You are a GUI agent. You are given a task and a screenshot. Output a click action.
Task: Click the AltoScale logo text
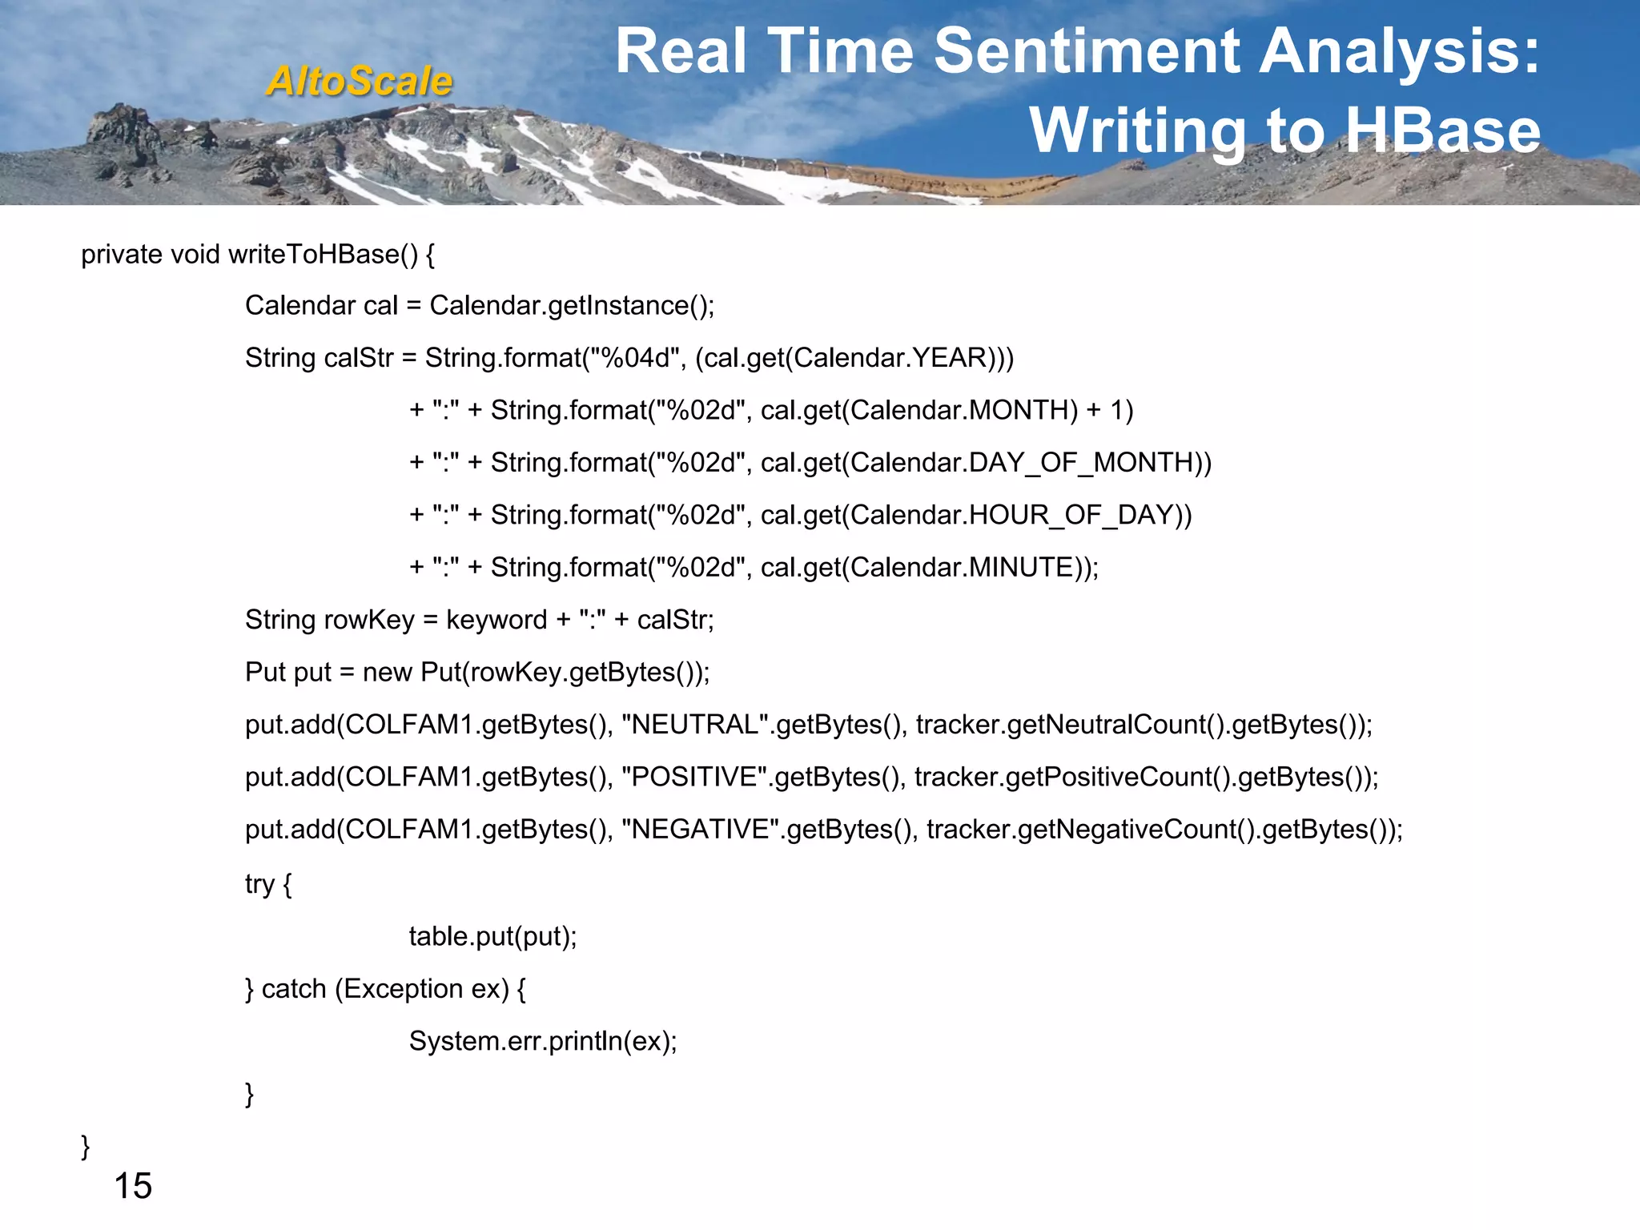(360, 81)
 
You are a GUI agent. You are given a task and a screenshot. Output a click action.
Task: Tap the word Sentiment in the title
(1087, 52)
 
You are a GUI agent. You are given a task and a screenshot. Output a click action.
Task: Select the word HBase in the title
(1444, 131)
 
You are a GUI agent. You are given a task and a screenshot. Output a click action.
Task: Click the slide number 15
(133, 1186)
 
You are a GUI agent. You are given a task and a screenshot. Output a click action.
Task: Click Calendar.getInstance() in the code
(569, 306)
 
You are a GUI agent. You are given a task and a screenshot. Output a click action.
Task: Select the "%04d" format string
(636, 358)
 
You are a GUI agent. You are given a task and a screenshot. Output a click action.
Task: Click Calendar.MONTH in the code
(964, 410)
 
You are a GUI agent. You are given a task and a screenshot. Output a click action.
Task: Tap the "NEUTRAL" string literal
(695, 725)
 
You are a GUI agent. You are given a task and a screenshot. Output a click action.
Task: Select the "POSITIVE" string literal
(694, 777)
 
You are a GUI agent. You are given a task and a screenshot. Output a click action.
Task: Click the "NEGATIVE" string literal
(701, 830)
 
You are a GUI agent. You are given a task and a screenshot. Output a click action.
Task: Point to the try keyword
(259, 884)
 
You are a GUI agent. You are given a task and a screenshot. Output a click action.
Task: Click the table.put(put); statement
(492, 937)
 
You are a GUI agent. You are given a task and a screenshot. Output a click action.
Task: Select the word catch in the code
(294, 990)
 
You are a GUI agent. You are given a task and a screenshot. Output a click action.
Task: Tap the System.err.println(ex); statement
(543, 1042)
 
